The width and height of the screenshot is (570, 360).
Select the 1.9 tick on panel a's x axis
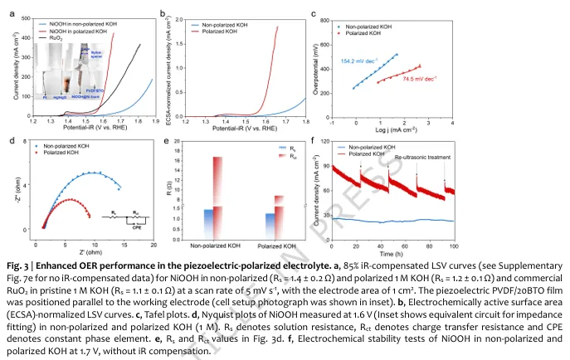[156, 121]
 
